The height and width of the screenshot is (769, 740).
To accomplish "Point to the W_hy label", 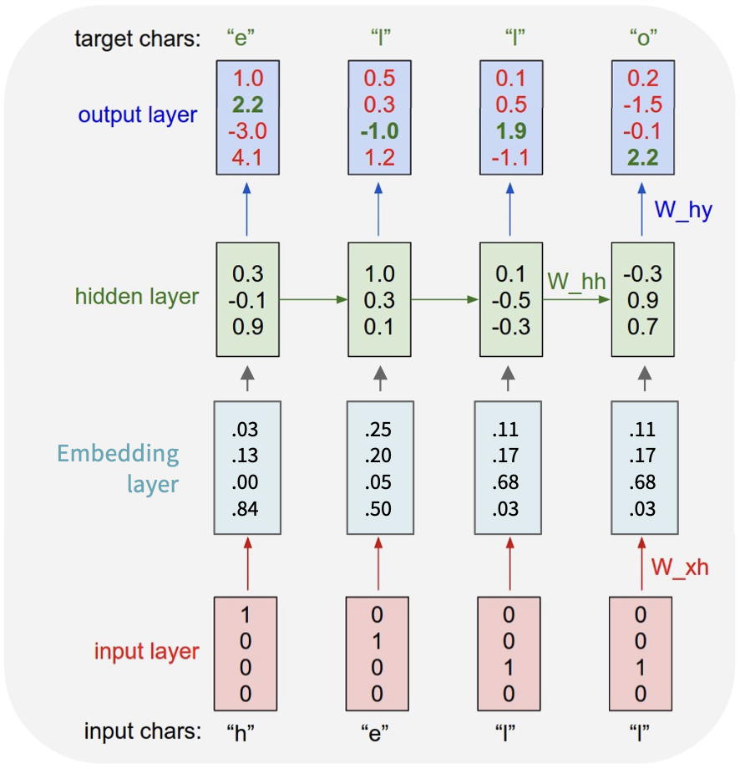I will pyautogui.click(x=683, y=210).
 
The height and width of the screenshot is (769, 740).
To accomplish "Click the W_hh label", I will pyautogui.click(x=576, y=281).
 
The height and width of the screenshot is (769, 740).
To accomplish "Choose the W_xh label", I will pyautogui.click(x=680, y=568).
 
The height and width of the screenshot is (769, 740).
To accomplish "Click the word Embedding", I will pyautogui.click(x=118, y=454).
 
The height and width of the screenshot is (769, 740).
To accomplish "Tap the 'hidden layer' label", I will pyautogui.click(x=137, y=297).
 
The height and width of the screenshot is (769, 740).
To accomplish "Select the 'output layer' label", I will pyautogui.click(x=138, y=115).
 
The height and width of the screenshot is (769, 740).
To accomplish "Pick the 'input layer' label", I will pyautogui.click(x=146, y=651).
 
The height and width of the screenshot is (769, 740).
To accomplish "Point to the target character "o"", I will pyautogui.click(x=642, y=39).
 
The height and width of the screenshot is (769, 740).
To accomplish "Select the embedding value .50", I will pyautogui.click(x=378, y=510).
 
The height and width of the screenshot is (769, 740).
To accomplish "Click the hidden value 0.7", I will pyautogui.click(x=642, y=326).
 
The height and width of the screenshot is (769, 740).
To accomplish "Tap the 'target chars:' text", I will pyautogui.click(x=137, y=39).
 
